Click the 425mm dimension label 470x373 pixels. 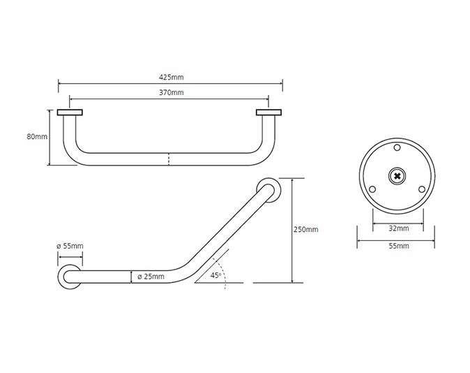pyautogui.click(x=171, y=77)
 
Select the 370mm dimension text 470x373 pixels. pyautogui.click(x=171, y=92)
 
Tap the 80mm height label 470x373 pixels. pyautogui.click(x=37, y=137)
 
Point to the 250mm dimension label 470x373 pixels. pyautogui.click(x=305, y=229)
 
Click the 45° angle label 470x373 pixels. pyautogui.click(x=215, y=275)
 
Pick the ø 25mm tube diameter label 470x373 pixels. pyautogui.click(x=151, y=277)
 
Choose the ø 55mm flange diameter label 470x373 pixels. pyautogui.click(x=70, y=246)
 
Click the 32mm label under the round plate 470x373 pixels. pyautogui.click(x=399, y=228)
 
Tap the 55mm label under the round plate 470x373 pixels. pyautogui.click(x=399, y=246)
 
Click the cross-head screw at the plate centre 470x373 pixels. pyautogui.click(x=397, y=176)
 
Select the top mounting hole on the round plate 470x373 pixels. pyautogui.click(x=397, y=148)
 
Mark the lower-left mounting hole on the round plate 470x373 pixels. pyautogui.click(x=372, y=189)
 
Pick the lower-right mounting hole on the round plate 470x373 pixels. pyautogui.click(x=422, y=189)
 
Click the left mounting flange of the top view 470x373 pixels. pyautogui.click(x=70, y=112)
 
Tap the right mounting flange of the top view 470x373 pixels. pyautogui.click(x=269, y=112)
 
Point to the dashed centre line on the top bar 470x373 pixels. pyautogui.click(x=169, y=159)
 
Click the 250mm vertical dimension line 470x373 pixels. pyautogui.click(x=292, y=231)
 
